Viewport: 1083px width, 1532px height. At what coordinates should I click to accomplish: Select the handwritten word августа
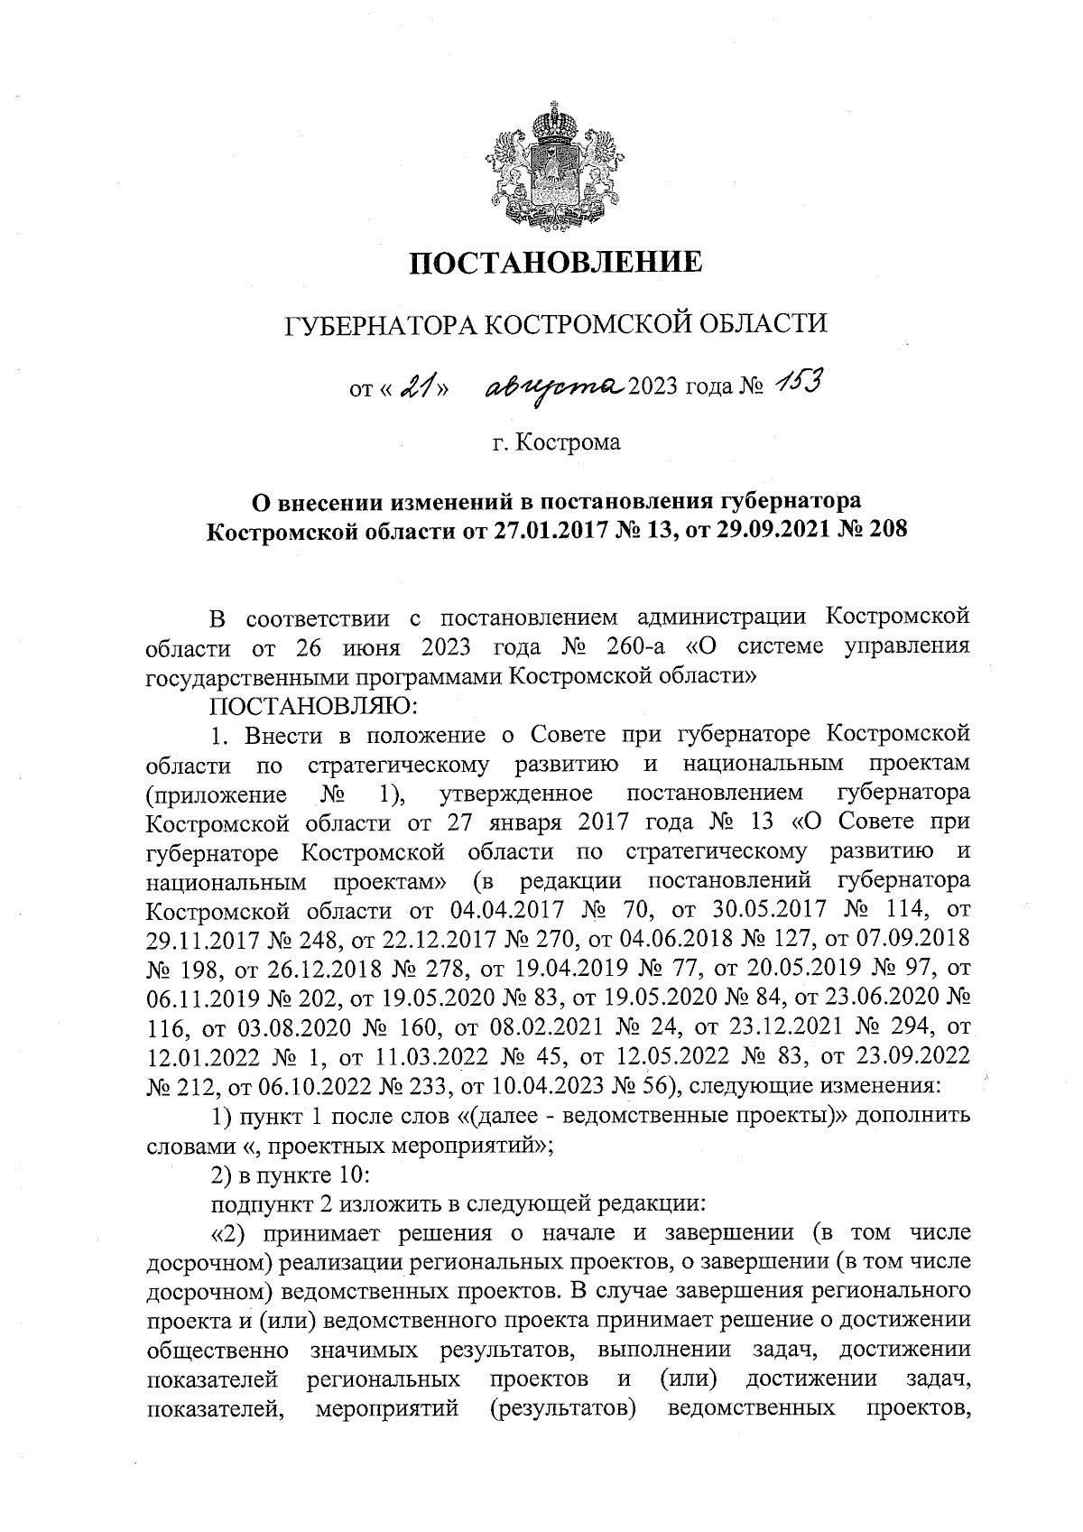pos(555,385)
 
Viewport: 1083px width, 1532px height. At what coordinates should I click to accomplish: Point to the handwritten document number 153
pos(794,385)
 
